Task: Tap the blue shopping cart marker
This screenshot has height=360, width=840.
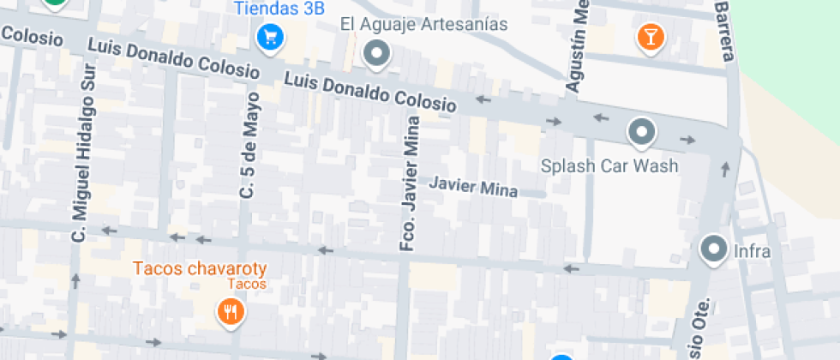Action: point(270,37)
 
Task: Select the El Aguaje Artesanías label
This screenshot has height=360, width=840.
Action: point(423,24)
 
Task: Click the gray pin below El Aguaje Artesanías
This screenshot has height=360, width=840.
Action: point(376,55)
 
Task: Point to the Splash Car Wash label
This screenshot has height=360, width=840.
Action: point(609,165)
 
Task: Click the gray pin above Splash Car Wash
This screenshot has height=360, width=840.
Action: point(641,132)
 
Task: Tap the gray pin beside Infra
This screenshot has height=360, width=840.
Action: point(713,249)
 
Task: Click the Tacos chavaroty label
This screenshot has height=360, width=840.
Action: point(198,268)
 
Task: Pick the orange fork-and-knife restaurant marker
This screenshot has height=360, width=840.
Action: point(229,311)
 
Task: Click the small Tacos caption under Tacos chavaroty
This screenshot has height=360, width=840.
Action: point(247,284)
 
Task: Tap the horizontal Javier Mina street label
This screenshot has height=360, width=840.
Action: point(473,186)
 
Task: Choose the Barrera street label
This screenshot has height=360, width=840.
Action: point(724,32)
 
